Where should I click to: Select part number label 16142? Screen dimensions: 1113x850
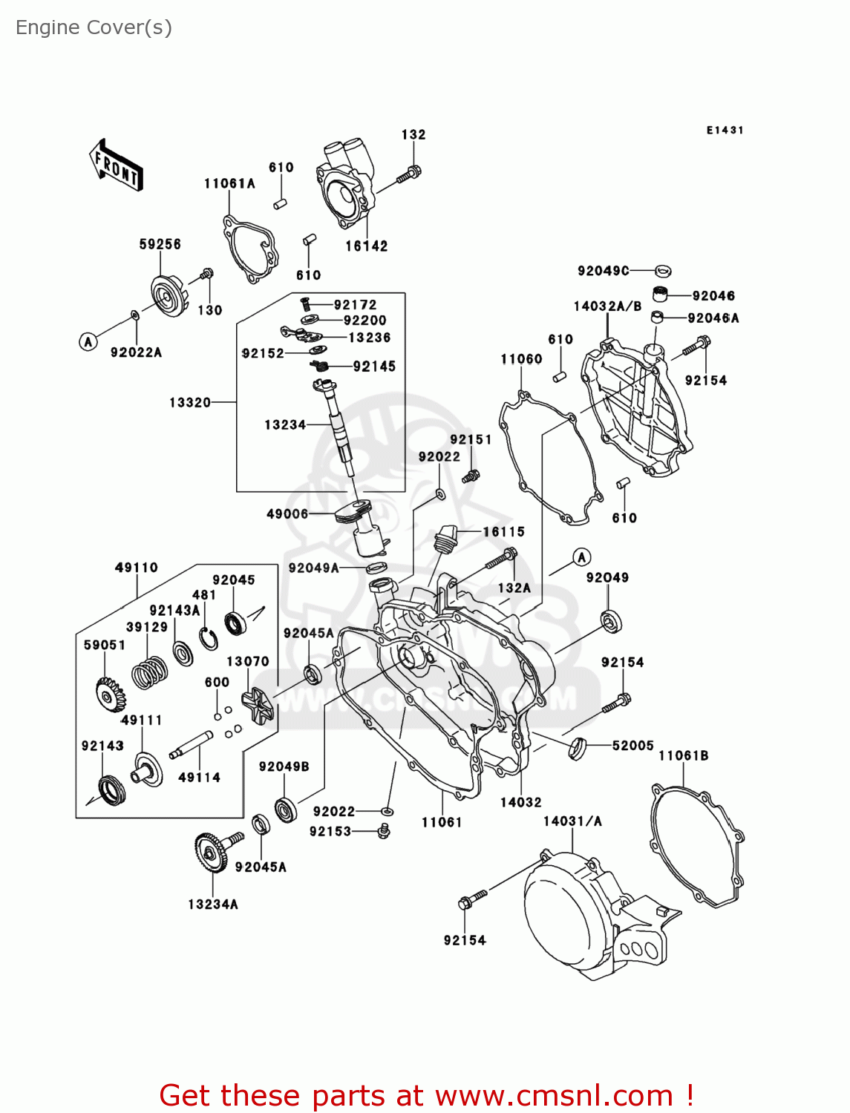366,246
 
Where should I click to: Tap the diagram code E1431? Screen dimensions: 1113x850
725,131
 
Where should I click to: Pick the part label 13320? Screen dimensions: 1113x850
190,403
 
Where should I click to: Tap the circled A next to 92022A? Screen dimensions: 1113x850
88,341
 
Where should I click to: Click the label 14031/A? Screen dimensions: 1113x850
572,821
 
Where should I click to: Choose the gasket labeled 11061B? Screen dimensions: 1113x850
698,846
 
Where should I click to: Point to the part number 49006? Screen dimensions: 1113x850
287,514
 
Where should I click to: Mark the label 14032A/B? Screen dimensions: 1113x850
607,306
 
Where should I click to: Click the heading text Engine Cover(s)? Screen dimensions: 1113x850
94,27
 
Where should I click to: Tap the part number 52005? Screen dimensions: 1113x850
632,746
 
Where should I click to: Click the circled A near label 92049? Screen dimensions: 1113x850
581,557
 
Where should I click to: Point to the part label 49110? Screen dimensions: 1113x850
137,568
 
